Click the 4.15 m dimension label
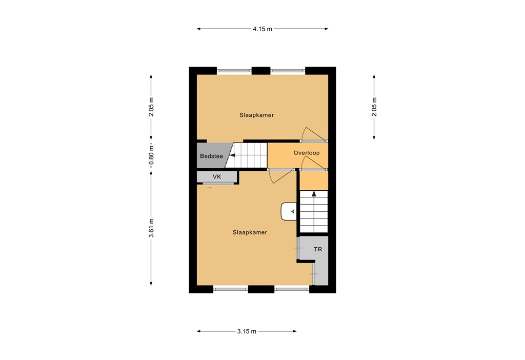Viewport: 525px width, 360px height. tap(262, 29)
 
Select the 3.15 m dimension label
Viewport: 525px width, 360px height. tap(247, 331)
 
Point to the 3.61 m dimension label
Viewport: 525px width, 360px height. tap(151, 229)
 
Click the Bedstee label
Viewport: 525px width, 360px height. tap(211, 156)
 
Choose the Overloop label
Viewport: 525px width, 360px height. tap(307, 153)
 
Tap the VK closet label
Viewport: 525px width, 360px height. tap(217, 177)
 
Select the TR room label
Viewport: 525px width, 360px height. tap(318, 250)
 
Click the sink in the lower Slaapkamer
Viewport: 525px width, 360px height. tap(289, 211)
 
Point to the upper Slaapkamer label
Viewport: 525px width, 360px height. tap(256, 115)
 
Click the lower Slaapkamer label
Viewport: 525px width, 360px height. tap(250, 232)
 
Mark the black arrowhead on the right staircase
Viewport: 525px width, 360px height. tap(314, 194)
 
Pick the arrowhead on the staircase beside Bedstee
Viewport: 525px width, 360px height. tap(232, 155)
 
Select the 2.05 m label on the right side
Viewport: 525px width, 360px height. tap(374, 107)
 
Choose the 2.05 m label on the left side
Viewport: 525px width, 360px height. tap(151, 107)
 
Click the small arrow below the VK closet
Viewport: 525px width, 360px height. tap(209, 188)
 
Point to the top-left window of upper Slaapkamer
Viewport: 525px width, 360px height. tap(234, 71)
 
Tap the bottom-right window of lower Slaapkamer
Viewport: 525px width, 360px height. tap(292, 289)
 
